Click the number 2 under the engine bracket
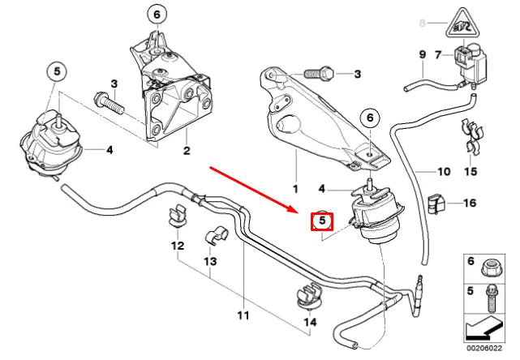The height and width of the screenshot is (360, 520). coord(186,151)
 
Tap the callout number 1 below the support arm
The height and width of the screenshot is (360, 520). coord(296,187)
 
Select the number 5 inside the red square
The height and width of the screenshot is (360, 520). coord(321,219)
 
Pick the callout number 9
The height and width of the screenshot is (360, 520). coord(422,55)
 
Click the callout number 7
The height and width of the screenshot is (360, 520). coord(438,55)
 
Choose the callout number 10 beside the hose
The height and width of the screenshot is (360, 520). coord(443,172)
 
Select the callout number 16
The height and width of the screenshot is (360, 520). coord(471,204)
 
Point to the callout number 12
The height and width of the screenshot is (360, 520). coord(176,246)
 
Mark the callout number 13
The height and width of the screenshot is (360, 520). coord(210,263)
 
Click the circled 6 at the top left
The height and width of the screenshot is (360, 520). coord(156,13)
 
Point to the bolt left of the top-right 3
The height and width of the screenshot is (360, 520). coord(321,75)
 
